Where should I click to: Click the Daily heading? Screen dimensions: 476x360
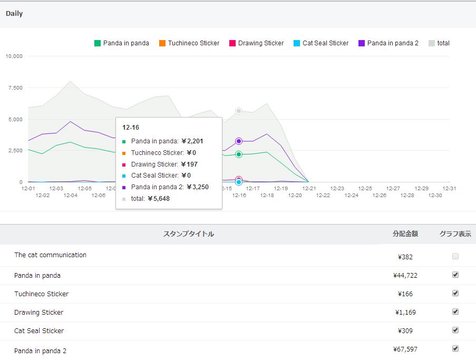coord(14,14)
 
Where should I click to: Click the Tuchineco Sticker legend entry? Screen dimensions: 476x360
coord(189,43)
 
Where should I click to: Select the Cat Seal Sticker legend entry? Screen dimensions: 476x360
coord(321,43)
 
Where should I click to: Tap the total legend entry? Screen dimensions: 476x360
coord(439,43)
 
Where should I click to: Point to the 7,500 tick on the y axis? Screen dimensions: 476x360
coord(15,87)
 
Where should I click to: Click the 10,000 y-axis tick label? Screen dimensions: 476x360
coord(14,56)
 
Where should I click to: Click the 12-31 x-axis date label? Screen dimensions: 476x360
coord(449,189)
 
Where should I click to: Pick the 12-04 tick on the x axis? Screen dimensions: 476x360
coord(71,195)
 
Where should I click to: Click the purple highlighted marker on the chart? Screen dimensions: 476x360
coord(239,141)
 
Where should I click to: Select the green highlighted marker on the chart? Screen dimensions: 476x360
coord(239,154)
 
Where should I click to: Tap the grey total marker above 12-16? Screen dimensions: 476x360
coord(239,111)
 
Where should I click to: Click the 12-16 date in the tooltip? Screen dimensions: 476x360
coord(131,128)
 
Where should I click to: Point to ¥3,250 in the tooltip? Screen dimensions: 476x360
coord(198,187)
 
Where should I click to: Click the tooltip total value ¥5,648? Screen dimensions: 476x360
coord(159,199)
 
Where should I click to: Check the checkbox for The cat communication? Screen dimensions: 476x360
coord(455,256)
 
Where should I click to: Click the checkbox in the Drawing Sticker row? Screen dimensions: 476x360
coord(455,312)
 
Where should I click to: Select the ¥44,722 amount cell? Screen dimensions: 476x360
coord(405,276)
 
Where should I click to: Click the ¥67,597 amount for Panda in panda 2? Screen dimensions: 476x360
coord(405,349)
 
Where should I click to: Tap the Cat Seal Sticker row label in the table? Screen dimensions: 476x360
coord(39,331)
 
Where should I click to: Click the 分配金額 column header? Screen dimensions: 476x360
coord(405,233)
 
